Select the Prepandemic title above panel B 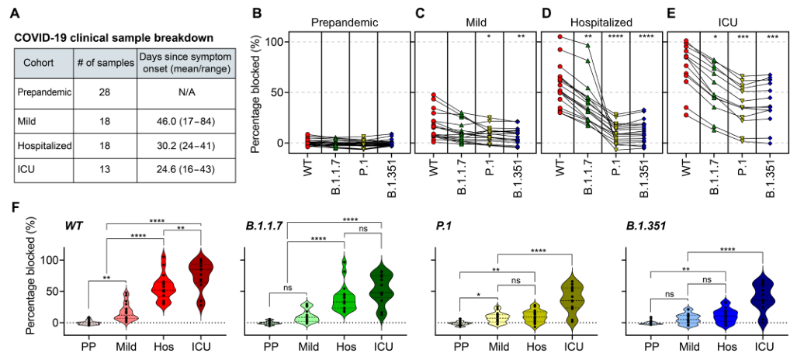(x=343, y=22)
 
